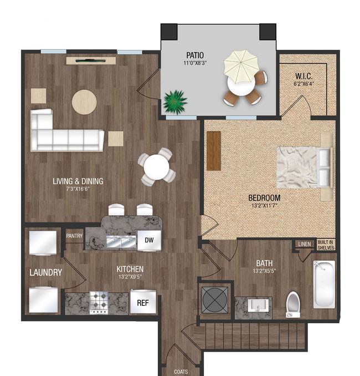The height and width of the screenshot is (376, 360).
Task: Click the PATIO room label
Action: (195, 55)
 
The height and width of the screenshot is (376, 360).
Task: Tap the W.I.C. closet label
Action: (304, 76)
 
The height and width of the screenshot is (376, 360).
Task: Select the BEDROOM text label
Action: (264, 198)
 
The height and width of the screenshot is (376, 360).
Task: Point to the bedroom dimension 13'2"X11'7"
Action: (264, 206)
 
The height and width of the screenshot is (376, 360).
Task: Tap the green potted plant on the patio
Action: (175, 102)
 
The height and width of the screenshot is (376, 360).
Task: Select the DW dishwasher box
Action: (149, 241)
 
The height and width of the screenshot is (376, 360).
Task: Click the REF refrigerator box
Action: (143, 303)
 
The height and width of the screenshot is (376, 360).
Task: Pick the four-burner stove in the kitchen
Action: (99, 303)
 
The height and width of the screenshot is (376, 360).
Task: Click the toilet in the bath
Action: (293, 304)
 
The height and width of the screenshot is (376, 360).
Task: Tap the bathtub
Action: (324, 284)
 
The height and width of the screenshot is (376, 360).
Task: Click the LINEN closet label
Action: (305, 244)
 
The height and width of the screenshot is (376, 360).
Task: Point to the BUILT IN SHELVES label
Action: (326, 245)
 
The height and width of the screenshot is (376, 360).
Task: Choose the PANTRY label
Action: (74, 236)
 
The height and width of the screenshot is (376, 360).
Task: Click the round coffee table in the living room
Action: (84, 102)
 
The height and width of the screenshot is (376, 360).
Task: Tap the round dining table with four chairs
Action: (157, 167)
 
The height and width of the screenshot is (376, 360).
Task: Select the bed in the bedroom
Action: (305, 167)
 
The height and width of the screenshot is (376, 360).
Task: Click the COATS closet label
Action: (181, 372)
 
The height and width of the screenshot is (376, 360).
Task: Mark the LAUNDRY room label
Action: (46, 272)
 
